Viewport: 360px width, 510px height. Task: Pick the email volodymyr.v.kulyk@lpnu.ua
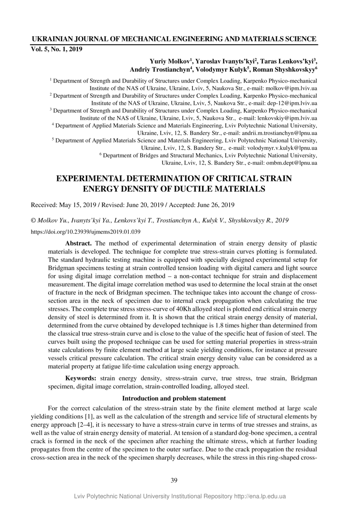tap(282, 148)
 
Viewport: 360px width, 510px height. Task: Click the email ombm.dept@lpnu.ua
tap(292, 163)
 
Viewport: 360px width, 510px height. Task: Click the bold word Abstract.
tap(78, 243)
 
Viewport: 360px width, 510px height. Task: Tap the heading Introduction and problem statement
tap(174, 398)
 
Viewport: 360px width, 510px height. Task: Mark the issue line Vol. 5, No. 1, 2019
tap(57, 49)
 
